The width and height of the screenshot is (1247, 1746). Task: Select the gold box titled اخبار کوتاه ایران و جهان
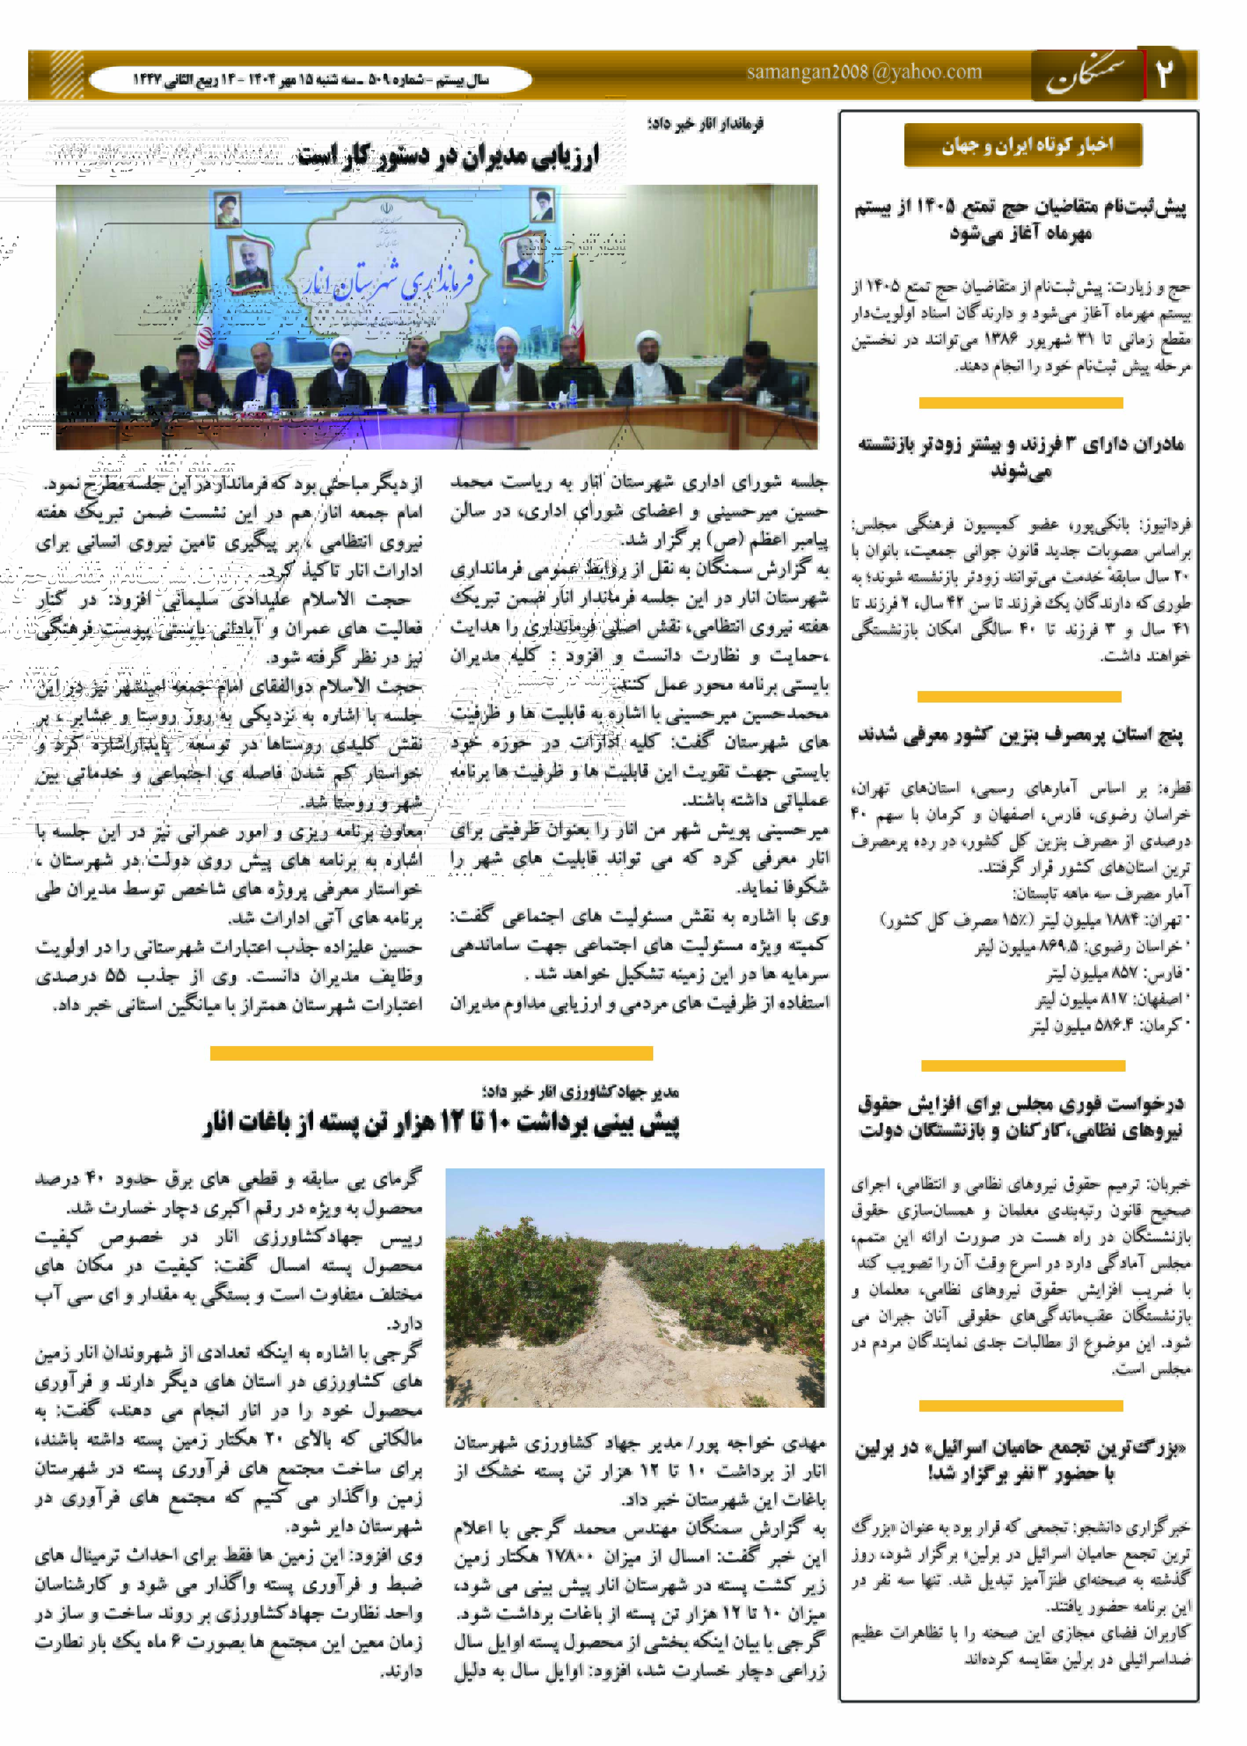click(1023, 145)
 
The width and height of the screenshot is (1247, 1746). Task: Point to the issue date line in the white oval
click(310, 80)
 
